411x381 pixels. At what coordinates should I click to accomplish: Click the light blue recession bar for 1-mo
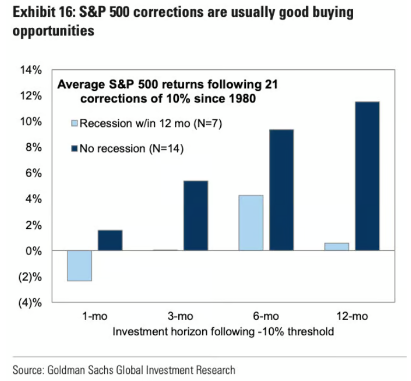coord(79,265)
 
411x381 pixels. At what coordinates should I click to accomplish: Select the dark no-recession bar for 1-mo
coord(110,240)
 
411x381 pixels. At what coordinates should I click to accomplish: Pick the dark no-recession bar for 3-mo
coord(196,216)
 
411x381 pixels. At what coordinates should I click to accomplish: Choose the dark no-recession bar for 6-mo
coord(282,190)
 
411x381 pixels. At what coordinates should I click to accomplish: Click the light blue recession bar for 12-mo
coord(337,247)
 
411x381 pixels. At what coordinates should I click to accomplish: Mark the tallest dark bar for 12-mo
coord(367,176)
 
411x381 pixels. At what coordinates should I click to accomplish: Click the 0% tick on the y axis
coord(34,251)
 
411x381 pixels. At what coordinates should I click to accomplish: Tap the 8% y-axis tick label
coord(34,148)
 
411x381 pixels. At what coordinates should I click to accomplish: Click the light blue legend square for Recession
coord(75,123)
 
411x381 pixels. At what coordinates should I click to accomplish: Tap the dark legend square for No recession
coord(75,148)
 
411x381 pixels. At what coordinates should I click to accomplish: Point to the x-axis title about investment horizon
coord(222,331)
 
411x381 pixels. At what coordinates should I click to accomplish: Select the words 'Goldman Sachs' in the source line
coord(74,370)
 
